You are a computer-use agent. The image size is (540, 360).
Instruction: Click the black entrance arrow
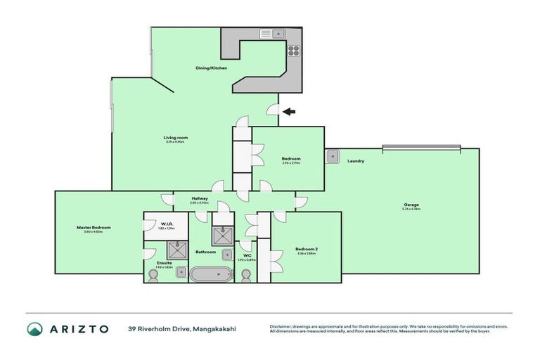tap(288, 110)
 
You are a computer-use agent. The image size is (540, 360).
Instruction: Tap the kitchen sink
tap(271, 33)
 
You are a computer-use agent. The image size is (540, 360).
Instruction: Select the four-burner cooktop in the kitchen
tap(293, 50)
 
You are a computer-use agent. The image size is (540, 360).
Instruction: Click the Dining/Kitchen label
tap(209, 68)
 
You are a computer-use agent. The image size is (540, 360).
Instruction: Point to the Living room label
tap(176, 137)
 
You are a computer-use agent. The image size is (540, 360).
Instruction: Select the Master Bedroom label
tap(94, 227)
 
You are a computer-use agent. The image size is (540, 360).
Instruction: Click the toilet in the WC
tap(246, 275)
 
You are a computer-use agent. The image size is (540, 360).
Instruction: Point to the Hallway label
tap(199, 198)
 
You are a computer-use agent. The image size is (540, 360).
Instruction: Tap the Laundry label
tap(355, 161)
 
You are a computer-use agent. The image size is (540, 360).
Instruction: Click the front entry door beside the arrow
tap(273, 109)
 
